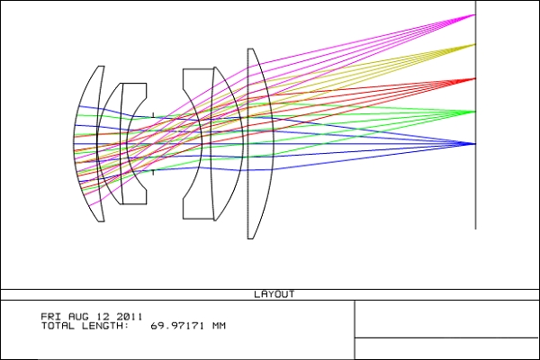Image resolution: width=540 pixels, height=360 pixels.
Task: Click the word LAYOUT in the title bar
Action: [x=274, y=294]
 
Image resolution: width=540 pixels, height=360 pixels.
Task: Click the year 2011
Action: [x=129, y=316]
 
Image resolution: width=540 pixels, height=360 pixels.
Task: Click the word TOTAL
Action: [x=58, y=326]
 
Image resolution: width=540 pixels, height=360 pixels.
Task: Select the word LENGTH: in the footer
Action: [x=105, y=326]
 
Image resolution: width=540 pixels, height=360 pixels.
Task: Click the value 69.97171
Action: [x=177, y=326]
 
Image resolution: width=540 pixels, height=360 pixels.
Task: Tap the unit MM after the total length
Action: [x=219, y=326]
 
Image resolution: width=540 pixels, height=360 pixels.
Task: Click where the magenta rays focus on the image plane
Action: [x=475, y=14]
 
